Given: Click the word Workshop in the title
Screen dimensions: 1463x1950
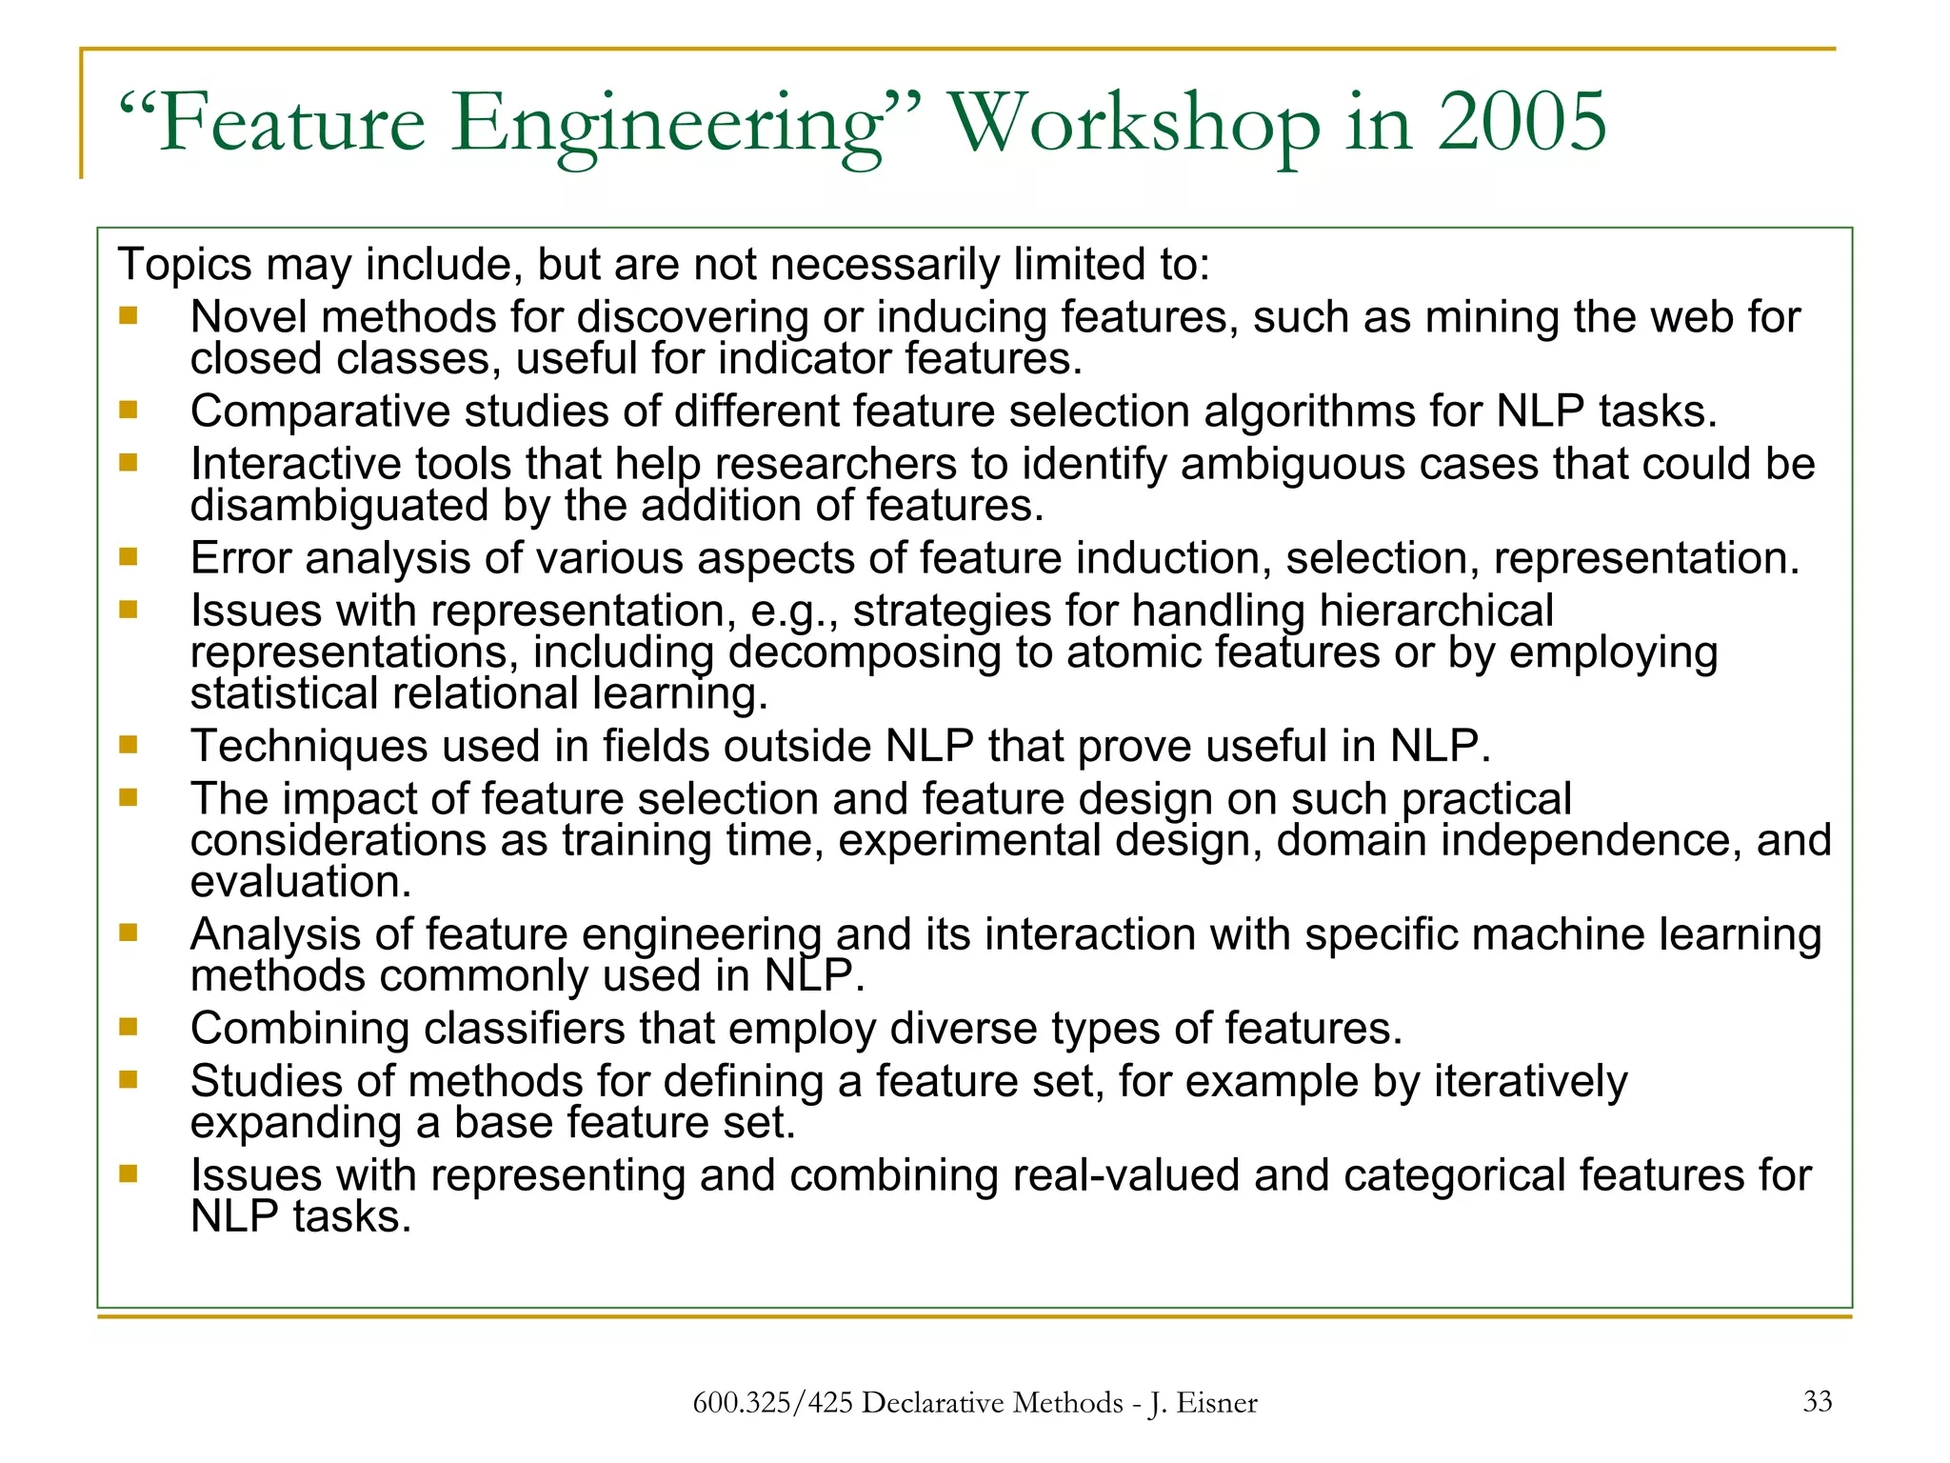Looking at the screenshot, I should pos(1135,124).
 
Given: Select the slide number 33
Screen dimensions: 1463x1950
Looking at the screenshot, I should pos(1817,1401).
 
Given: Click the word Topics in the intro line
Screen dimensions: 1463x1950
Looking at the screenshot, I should pos(185,264).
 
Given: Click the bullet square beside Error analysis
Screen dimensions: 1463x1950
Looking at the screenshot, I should pos(129,556).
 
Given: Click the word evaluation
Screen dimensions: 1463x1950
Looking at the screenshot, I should pos(300,882).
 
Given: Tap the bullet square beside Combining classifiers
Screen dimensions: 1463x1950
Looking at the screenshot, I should pos(129,1027).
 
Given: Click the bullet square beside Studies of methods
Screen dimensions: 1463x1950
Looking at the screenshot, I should pos(129,1079).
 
